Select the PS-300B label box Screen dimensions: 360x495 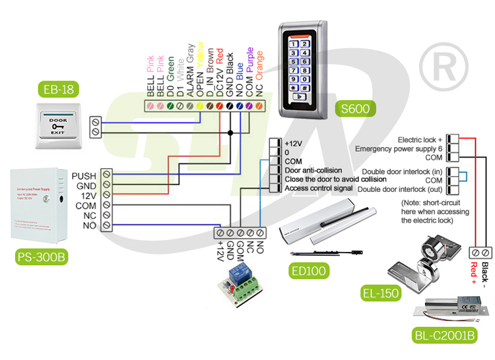click(41, 256)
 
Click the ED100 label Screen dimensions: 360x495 click(309, 270)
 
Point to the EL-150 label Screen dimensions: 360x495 click(380, 293)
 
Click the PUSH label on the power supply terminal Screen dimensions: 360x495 click(84, 175)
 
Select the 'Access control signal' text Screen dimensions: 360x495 click(319, 189)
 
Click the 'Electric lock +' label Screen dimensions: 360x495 click(420, 140)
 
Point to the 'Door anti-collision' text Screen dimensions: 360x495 click(313, 170)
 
